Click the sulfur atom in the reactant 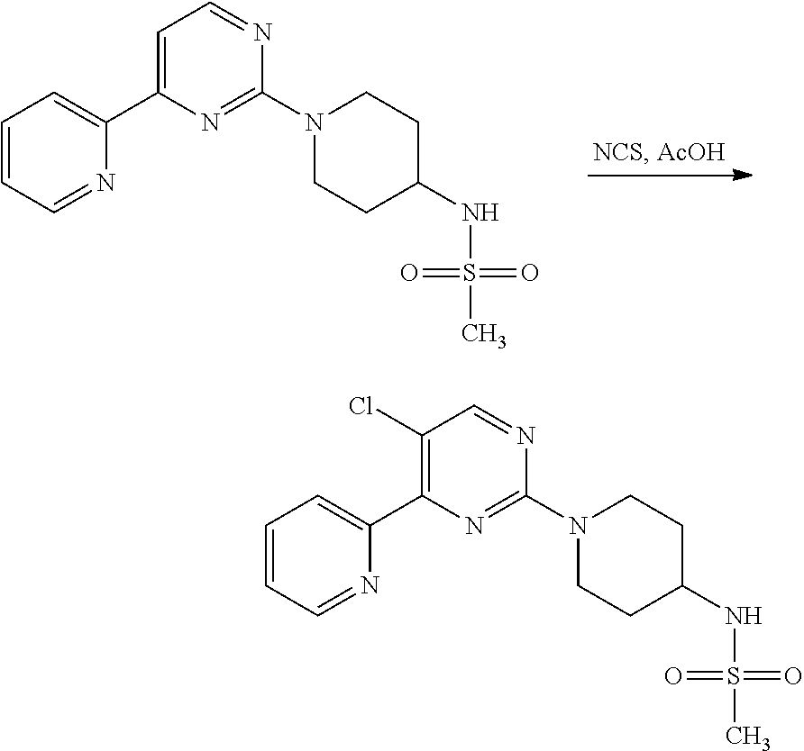tap(470, 273)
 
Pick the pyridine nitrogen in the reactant tap(105, 183)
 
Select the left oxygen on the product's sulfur tap(673, 675)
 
